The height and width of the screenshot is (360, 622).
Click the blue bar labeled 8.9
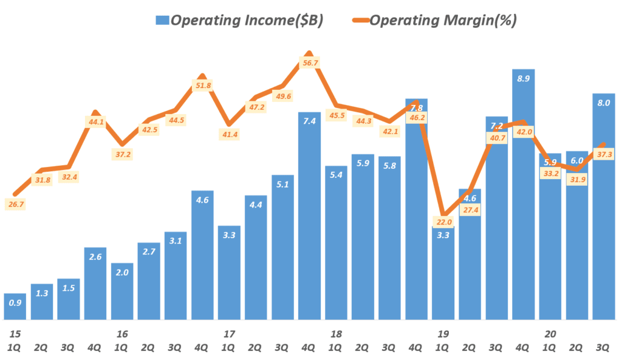[x=524, y=194]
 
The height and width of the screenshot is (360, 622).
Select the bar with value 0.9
[x=15, y=307]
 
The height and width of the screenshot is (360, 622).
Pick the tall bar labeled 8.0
[x=604, y=206]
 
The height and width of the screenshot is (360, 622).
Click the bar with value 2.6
[x=95, y=283]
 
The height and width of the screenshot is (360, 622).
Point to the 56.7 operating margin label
[x=310, y=63]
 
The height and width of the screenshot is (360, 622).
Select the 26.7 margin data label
[x=15, y=205]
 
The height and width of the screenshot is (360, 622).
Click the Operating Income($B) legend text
[x=247, y=21]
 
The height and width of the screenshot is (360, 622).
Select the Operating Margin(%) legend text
[x=443, y=21]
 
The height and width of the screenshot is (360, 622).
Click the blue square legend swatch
[x=162, y=21]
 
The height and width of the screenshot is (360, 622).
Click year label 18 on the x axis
[x=335, y=334]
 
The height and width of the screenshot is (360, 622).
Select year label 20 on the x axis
[x=550, y=334]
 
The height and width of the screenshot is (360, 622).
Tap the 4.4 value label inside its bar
[x=256, y=205]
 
